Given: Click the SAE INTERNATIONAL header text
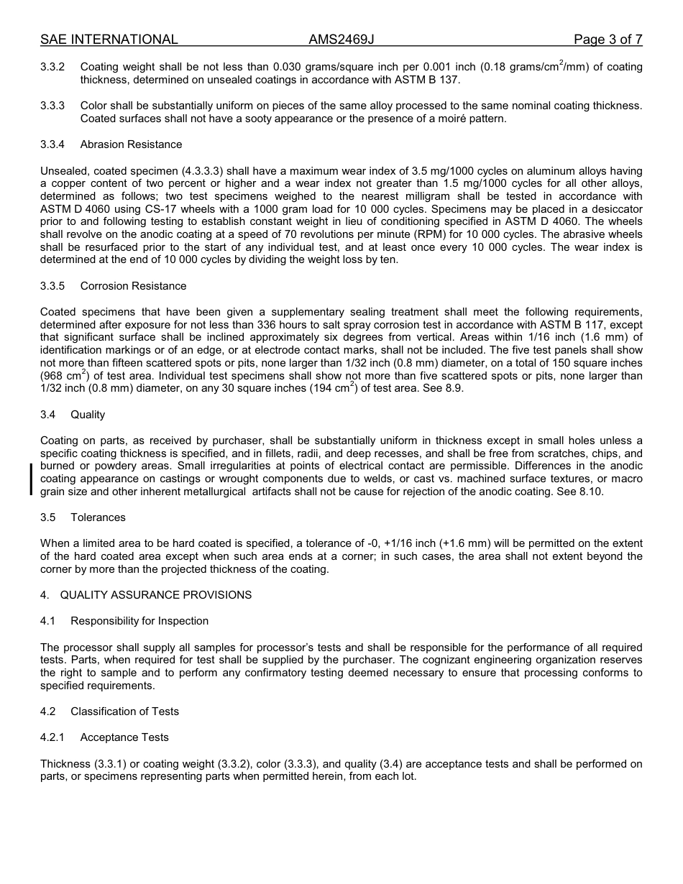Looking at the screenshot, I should (109, 40).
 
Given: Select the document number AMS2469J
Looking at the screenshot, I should (341, 40).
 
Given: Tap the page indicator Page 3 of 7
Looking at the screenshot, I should (608, 40).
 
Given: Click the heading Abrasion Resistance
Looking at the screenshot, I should (131, 144).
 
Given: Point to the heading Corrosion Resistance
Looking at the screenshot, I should (133, 286).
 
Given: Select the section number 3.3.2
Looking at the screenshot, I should (52, 67).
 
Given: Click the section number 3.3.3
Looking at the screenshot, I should (52, 106).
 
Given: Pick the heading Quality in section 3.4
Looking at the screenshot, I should (88, 415).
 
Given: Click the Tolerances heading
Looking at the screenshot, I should (98, 517).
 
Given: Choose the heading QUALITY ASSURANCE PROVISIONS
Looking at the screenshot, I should (155, 595).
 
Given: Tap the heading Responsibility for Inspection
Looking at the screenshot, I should (139, 621).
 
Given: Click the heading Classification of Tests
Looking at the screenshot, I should (124, 712).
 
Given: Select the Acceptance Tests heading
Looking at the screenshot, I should (124, 737).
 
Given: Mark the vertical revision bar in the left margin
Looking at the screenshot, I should (31, 479).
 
